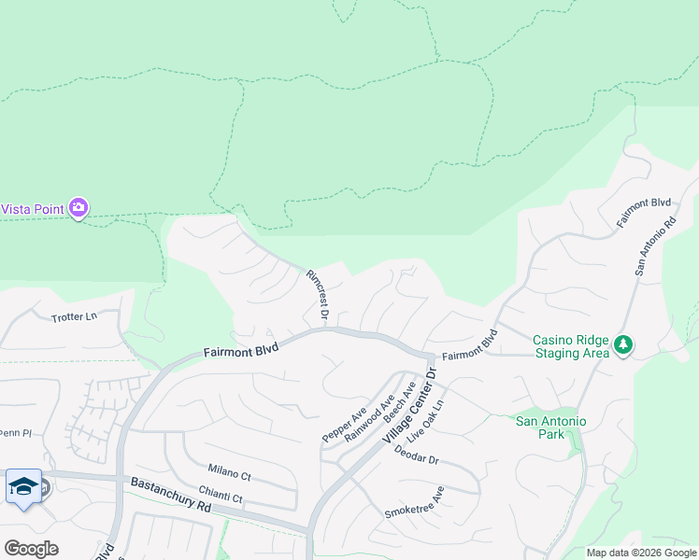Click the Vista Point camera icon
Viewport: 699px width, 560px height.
click(79, 207)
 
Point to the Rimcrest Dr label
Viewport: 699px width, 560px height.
click(317, 296)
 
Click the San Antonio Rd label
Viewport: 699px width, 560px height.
click(655, 247)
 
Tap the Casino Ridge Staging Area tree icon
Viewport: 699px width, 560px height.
click(622, 346)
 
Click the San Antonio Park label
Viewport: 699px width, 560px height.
click(551, 428)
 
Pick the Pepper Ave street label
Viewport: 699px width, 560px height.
click(345, 424)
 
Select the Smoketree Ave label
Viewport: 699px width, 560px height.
click(414, 502)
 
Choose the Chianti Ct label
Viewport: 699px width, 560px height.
click(221, 494)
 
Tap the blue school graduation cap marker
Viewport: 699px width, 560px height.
click(23, 487)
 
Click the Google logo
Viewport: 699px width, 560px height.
click(31, 548)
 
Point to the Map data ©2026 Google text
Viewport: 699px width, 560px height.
click(640, 553)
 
